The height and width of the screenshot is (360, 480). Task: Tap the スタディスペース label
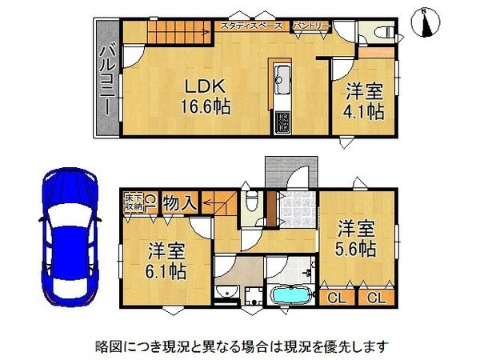(250, 26)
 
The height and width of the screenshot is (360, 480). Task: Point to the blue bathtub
(294, 294)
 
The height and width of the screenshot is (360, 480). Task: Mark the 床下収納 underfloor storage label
(134, 202)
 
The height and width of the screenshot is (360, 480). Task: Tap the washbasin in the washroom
(226, 291)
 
